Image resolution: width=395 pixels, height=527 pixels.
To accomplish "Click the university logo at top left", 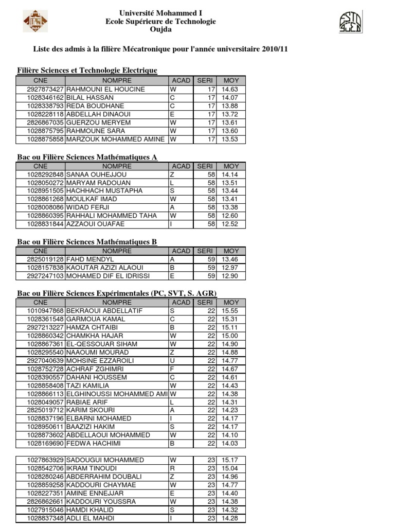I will click(x=35, y=22).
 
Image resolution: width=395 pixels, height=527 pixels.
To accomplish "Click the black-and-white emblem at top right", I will click(x=350, y=22).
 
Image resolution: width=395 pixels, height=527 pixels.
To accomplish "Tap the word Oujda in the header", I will click(x=160, y=30).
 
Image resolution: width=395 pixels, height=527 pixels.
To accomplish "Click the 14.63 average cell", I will click(x=229, y=89).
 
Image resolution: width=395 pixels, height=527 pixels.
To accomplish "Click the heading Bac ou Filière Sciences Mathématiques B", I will click(x=87, y=241).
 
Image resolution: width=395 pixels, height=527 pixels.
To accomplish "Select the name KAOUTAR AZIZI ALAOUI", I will click(x=104, y=268).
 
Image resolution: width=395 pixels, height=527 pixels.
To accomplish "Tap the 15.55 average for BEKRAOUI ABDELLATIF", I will click(x=229, y=311).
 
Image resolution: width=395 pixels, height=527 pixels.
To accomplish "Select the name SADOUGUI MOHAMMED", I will click(x=105, y=460).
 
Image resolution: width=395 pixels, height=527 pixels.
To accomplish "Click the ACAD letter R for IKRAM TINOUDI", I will click(x=172, y=468).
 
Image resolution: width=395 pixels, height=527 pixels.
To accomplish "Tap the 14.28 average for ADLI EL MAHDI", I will click(x=229, y=518).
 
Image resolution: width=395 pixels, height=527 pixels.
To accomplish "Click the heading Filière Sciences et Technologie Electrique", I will click(x=87, y=70).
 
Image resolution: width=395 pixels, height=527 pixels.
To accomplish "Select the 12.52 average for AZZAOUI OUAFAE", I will click(x=229, y=224).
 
